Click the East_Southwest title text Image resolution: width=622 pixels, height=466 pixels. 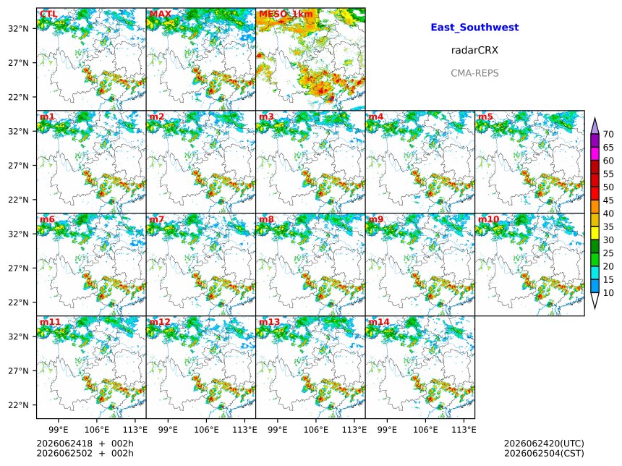pyautogui.click(x=474, y=27)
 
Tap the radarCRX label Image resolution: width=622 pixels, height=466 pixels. pyautogui.click(x=474, y=51)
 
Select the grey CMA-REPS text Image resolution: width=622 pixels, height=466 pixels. pyautogui.click(x=474, y=73)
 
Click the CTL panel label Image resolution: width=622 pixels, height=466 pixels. pyautogui.click(x=48, y=14)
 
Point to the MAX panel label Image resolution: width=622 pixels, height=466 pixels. pyautogui.click(x=161, y=14)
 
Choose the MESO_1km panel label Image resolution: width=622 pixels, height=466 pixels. pyautogui.click(x=286, y=14)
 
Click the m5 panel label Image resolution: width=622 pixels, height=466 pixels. pyautogui.click(x=485, y=116)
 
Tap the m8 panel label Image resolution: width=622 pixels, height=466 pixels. pyautogui.click(x=266, y=219)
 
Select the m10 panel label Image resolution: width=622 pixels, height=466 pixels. pyautogui.click(x=488, y=219)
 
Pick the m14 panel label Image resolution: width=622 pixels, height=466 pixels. pyautogui.click(x=379, y=321)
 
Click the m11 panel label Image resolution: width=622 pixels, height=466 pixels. pyautogui.click(x=51, y=321)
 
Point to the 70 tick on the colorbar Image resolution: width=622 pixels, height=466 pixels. pyautogui.click(x=608, y=135)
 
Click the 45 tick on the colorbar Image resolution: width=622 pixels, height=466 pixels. pyautogui.click(x=608, y=200)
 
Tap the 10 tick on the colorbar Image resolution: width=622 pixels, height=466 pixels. pyautogui.click(x=608, y=293)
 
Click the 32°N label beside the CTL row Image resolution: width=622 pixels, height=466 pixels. pyautogui.click(x=18, y=28)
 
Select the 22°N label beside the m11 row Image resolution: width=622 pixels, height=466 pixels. pyautogui.click(x=18, y=405)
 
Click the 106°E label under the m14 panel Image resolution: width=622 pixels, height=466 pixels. pyautogui.click(x=426, y=430)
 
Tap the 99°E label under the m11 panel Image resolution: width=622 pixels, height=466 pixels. pyautogui.click(x=59, y=430)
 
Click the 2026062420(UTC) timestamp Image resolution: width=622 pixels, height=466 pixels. pyautogui.click(x=544, y=444)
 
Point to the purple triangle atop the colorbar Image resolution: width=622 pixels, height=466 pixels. pyautogui.click(x=595, y=127)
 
